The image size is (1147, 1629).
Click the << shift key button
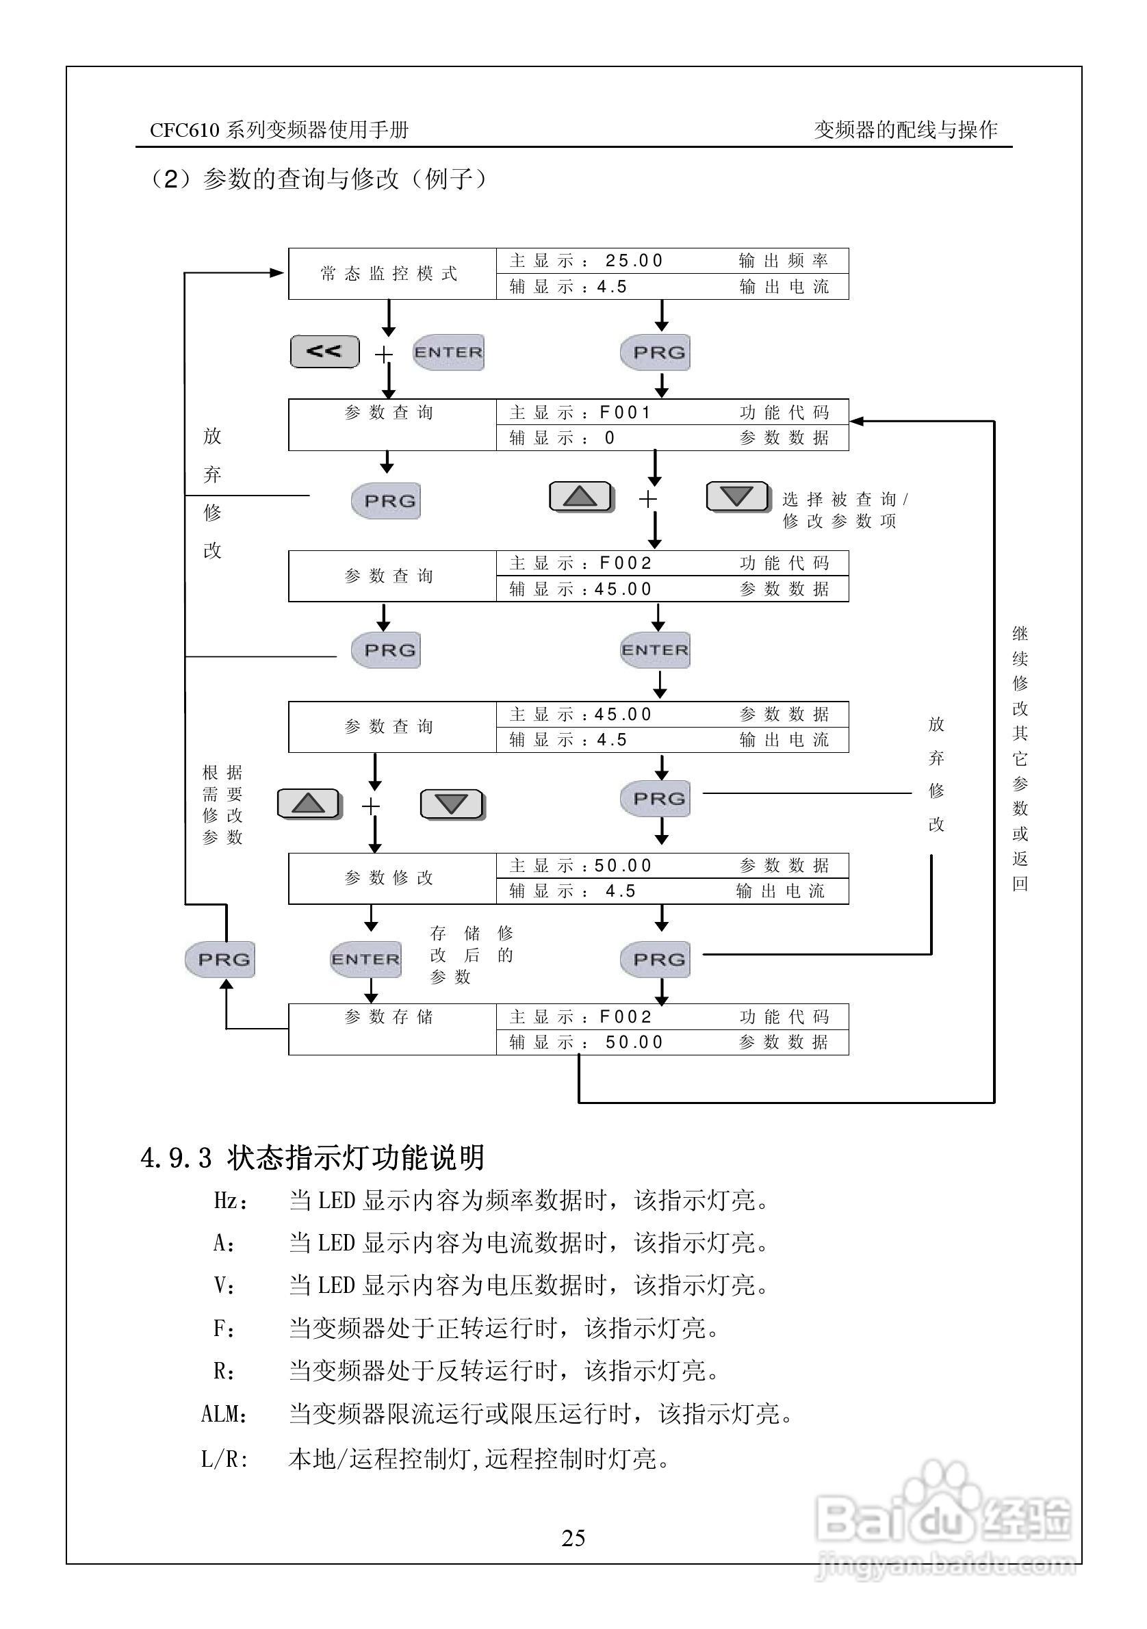[x=324, y=352]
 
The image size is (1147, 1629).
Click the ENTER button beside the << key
[x=448, y=352]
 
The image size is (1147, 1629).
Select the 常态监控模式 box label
[x=389, y=274]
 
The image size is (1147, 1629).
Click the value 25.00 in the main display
[x=634, y=261]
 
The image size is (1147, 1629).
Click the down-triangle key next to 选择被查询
[x=737, y=497]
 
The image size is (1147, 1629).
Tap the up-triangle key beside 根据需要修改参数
[x=309, y=804]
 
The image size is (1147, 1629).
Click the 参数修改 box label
[x=389, y=878]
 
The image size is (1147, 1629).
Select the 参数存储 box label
[x=389, y=1017]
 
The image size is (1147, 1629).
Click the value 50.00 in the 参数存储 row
[x=634, y=1042]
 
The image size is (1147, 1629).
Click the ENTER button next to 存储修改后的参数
[x=366, y=959]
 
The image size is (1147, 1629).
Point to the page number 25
[x=573, y=1537]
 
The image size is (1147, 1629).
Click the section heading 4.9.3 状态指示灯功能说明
[x=313, y=1157]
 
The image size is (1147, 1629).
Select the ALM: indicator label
[x=224, y=1414]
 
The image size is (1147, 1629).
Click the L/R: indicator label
[x=224, y=1459]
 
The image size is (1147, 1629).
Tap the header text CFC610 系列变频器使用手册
[x=279, y=130]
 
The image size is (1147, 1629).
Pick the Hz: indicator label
[x=230, y=1201]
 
